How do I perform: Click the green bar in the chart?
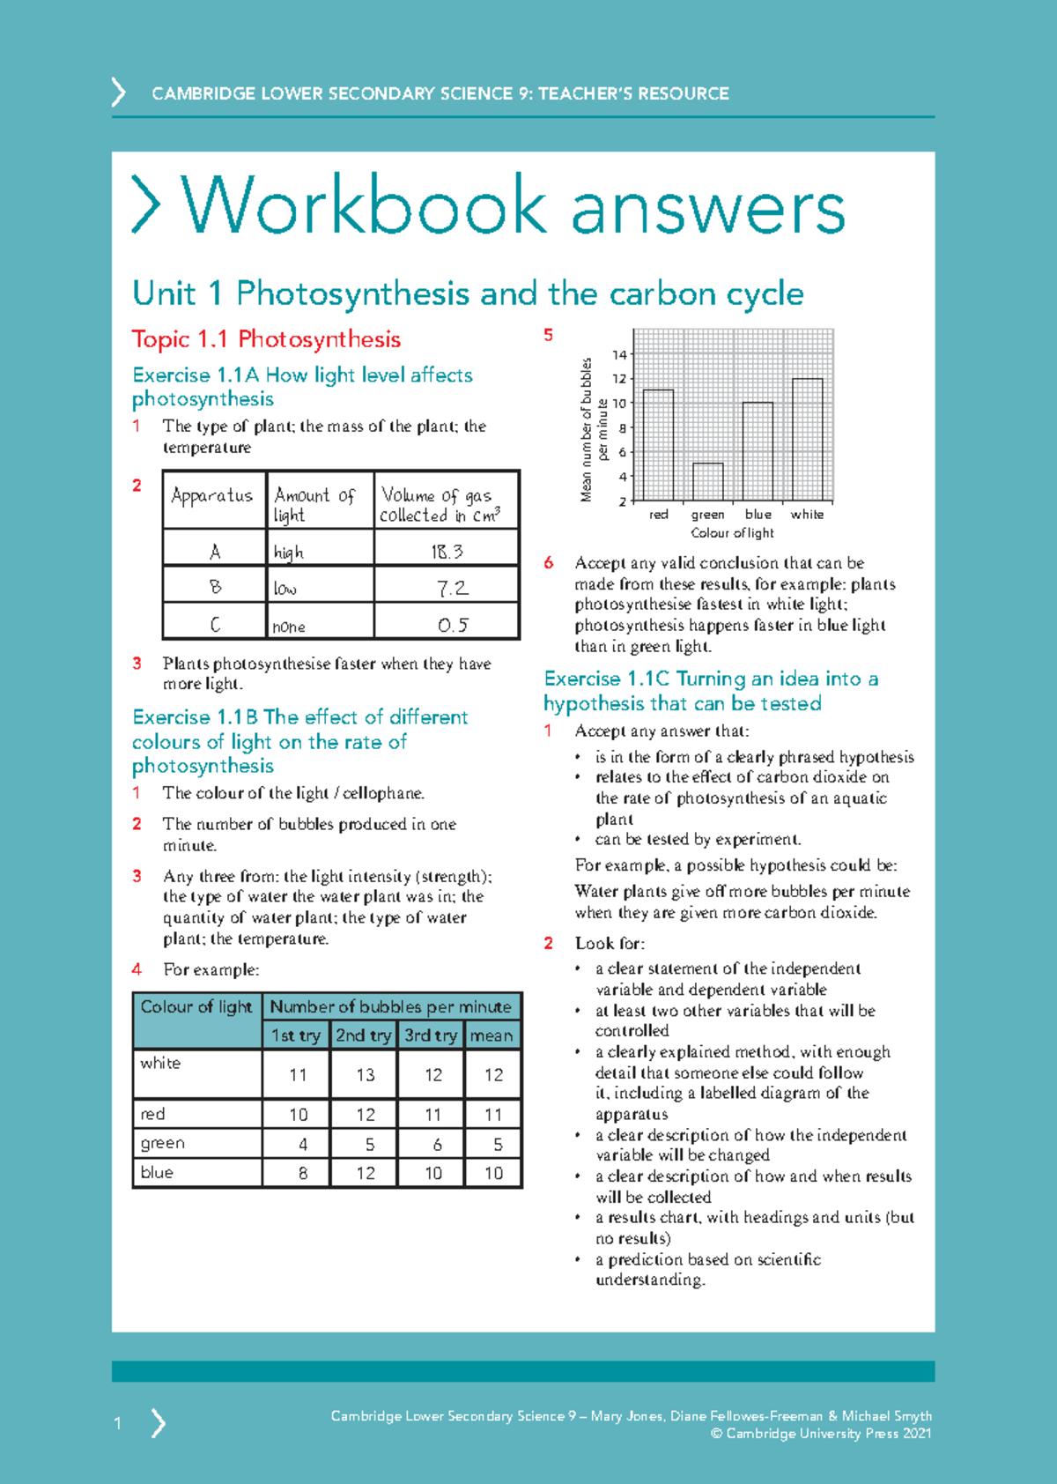[x=707, y=482]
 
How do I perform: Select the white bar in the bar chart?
[x=807, y=439]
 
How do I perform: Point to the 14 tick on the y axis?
[x=620, y=355]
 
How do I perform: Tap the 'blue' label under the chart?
[x=758, y=515]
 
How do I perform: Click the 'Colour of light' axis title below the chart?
[x=732, y=533]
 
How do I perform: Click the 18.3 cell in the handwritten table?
[x=447, y=552]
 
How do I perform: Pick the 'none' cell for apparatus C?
[x=289, y=627]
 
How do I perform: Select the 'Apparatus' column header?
[x=212, y=496]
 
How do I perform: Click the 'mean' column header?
[x=492, y=1035]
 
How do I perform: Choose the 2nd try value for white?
[x=366, y=1075]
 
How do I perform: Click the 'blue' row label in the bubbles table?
[x=157, y=1173]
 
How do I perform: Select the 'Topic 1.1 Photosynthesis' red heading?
[x=266, y=339]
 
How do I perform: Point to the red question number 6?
[x=549, y=563]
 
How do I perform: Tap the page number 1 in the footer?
[x=117, y=1423]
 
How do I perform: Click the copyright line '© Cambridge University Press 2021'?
[x=820, y=1434]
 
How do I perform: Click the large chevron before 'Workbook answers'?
[x=146, y=204]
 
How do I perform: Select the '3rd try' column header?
[x=431, y=1035]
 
